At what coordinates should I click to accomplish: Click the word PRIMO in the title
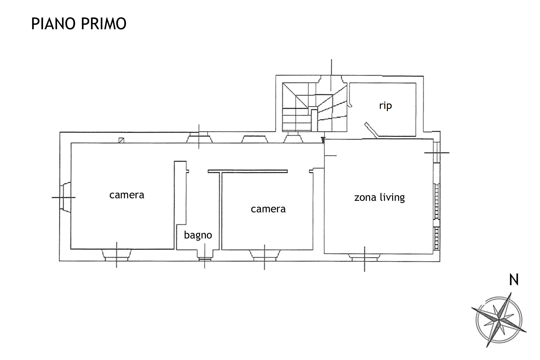pos(104,24)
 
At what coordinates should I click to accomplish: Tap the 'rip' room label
pos(385,106)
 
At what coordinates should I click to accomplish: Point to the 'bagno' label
pos(198,235)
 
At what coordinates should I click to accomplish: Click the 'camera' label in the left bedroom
pos(127,195)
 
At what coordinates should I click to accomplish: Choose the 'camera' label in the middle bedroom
pos(268,209)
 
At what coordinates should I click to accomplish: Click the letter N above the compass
pos(514,280)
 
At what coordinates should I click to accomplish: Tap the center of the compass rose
pos(499,320)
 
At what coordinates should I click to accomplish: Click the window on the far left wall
pos(65,197)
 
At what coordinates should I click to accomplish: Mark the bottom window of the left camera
pos(116,255)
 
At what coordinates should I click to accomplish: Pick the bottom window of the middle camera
pos(264,255)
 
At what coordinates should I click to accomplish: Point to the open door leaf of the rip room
pos(372,130)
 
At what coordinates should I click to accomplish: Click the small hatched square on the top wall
pos(121,140)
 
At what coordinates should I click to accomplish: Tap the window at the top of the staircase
pos(332,79)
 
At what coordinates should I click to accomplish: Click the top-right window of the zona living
pos(436,152)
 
